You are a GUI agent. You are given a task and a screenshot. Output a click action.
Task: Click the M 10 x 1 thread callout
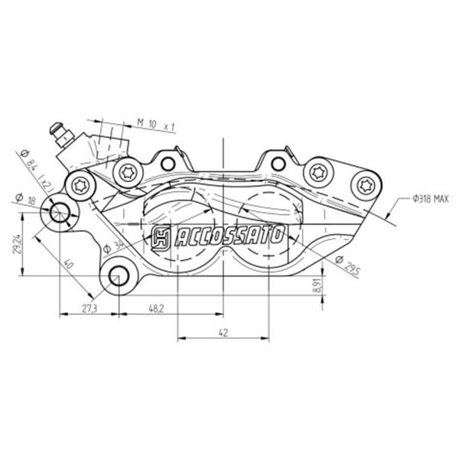click(x=155, y=125)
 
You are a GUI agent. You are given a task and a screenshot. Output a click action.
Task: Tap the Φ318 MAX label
click(x=430, y=200)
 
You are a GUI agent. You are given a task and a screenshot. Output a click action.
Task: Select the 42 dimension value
click(x=223, y=333)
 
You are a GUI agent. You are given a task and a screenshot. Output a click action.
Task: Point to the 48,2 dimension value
click(x=156, y=308)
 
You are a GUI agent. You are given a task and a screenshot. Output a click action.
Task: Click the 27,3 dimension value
click(x=90, y=308)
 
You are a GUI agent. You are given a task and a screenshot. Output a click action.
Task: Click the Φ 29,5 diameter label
click(x=347, y=264)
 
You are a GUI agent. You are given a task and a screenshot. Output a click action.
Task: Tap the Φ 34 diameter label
click(x=113, y=246)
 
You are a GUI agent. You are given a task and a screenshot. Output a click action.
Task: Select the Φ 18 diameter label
click(x=25, y=199)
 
